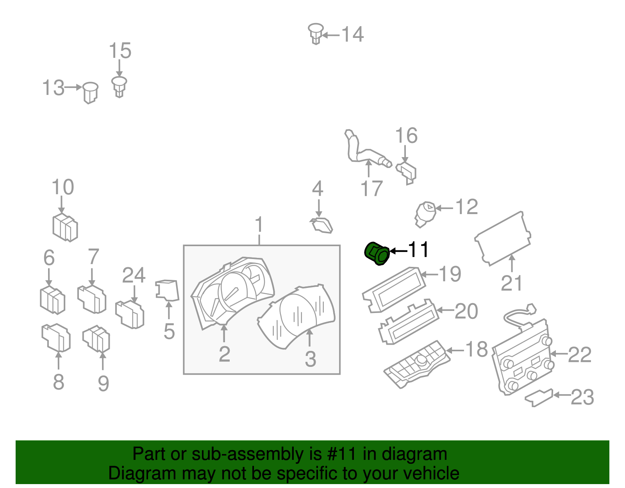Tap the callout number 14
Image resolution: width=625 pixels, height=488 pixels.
(352, 34)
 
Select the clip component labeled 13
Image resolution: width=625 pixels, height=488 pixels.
(90, 93)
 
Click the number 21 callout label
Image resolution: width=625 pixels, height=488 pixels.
(511, 283)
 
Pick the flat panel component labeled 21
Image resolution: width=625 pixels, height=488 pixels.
(503, 238)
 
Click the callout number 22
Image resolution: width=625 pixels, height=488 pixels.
(579, 355)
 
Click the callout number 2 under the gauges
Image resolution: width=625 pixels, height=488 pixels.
(224, 354)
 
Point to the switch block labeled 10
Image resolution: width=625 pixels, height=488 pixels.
(65, 227)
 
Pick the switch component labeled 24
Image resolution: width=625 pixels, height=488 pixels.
(130, 314)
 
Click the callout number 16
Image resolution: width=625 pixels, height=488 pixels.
(406, 136)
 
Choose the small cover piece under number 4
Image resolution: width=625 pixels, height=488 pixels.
(321, 225)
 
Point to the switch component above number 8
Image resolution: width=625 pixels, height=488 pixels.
(56, 337)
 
